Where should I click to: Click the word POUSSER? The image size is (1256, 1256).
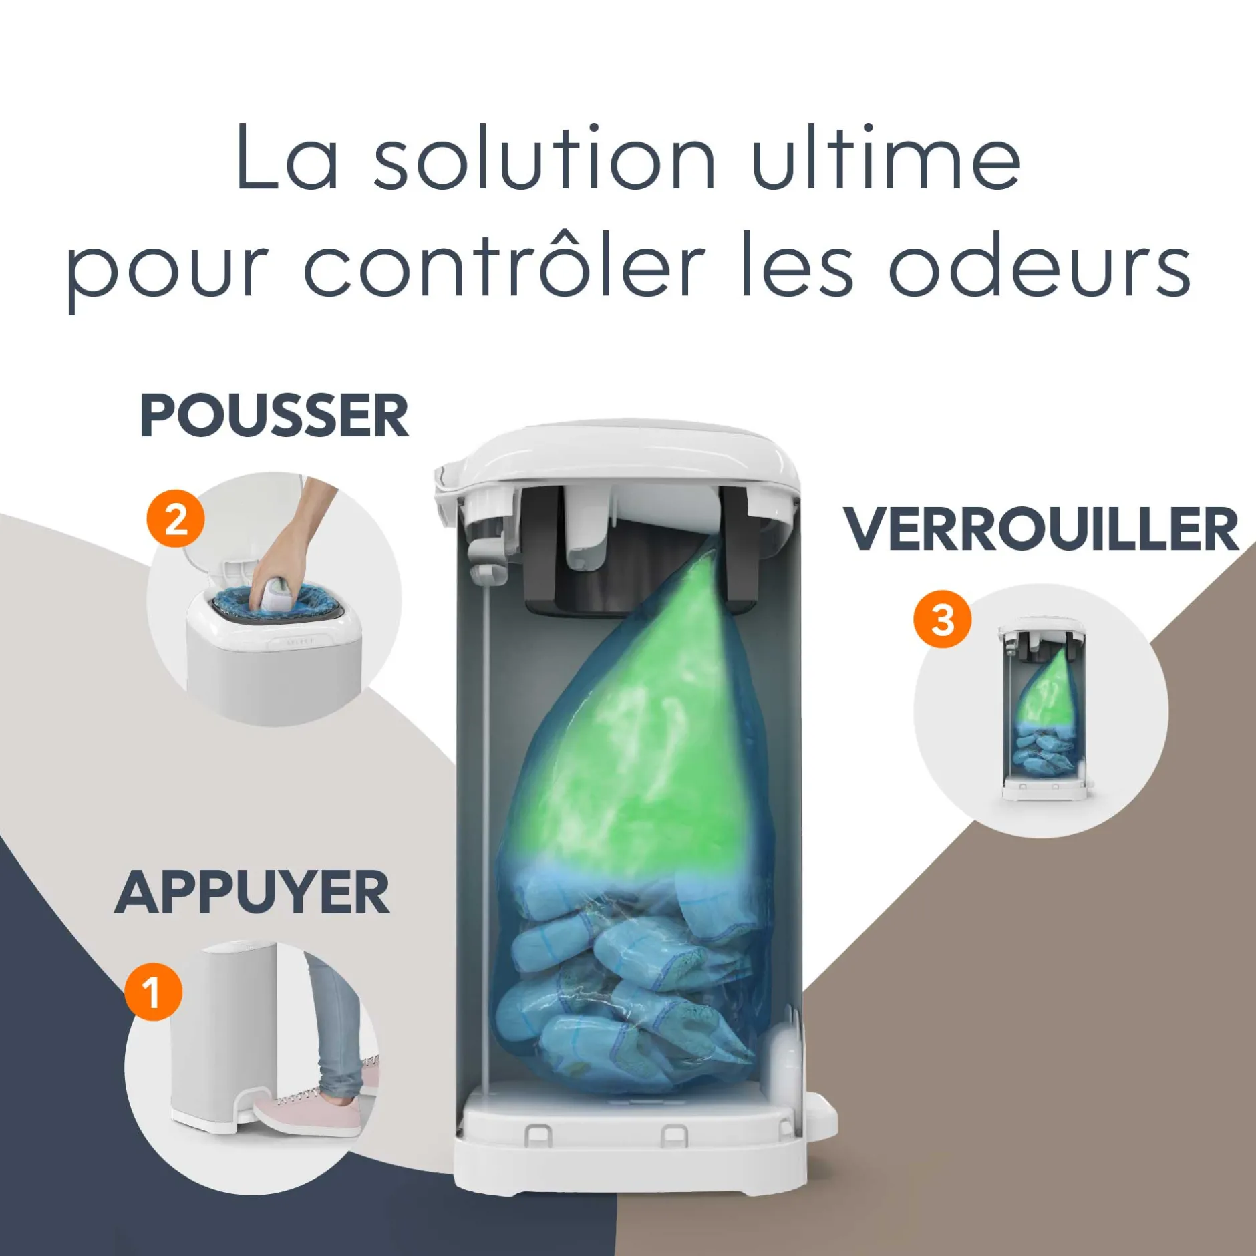(x=274, y=416)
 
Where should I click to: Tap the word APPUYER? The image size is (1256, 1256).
(x=253, y=893)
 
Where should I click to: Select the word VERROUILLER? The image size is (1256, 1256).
(x=1041, y=529)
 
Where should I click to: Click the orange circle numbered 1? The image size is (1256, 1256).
(x=153, y=991)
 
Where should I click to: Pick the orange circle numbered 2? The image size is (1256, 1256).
(x=176, y=519)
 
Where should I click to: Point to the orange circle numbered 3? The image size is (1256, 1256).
(x=942, y=619)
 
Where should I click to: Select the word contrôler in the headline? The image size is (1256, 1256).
(x=505, y=263)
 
